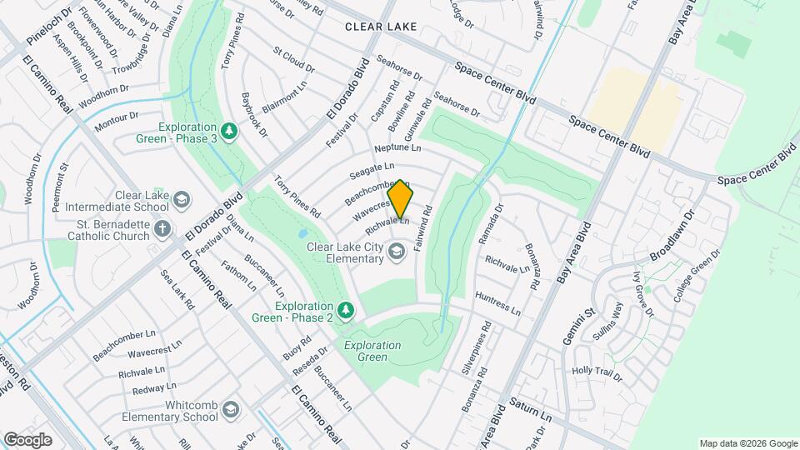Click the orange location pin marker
point(401,199)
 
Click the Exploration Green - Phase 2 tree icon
point(346,311)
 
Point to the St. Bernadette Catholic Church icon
point(162,228)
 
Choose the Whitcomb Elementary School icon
point(230,408)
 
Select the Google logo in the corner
point(27,439)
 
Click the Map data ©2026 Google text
point(747,443)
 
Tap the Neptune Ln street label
point(398,147)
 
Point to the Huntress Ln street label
point(497,302)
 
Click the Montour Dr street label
point(116,122)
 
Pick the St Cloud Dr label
point(293,59)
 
